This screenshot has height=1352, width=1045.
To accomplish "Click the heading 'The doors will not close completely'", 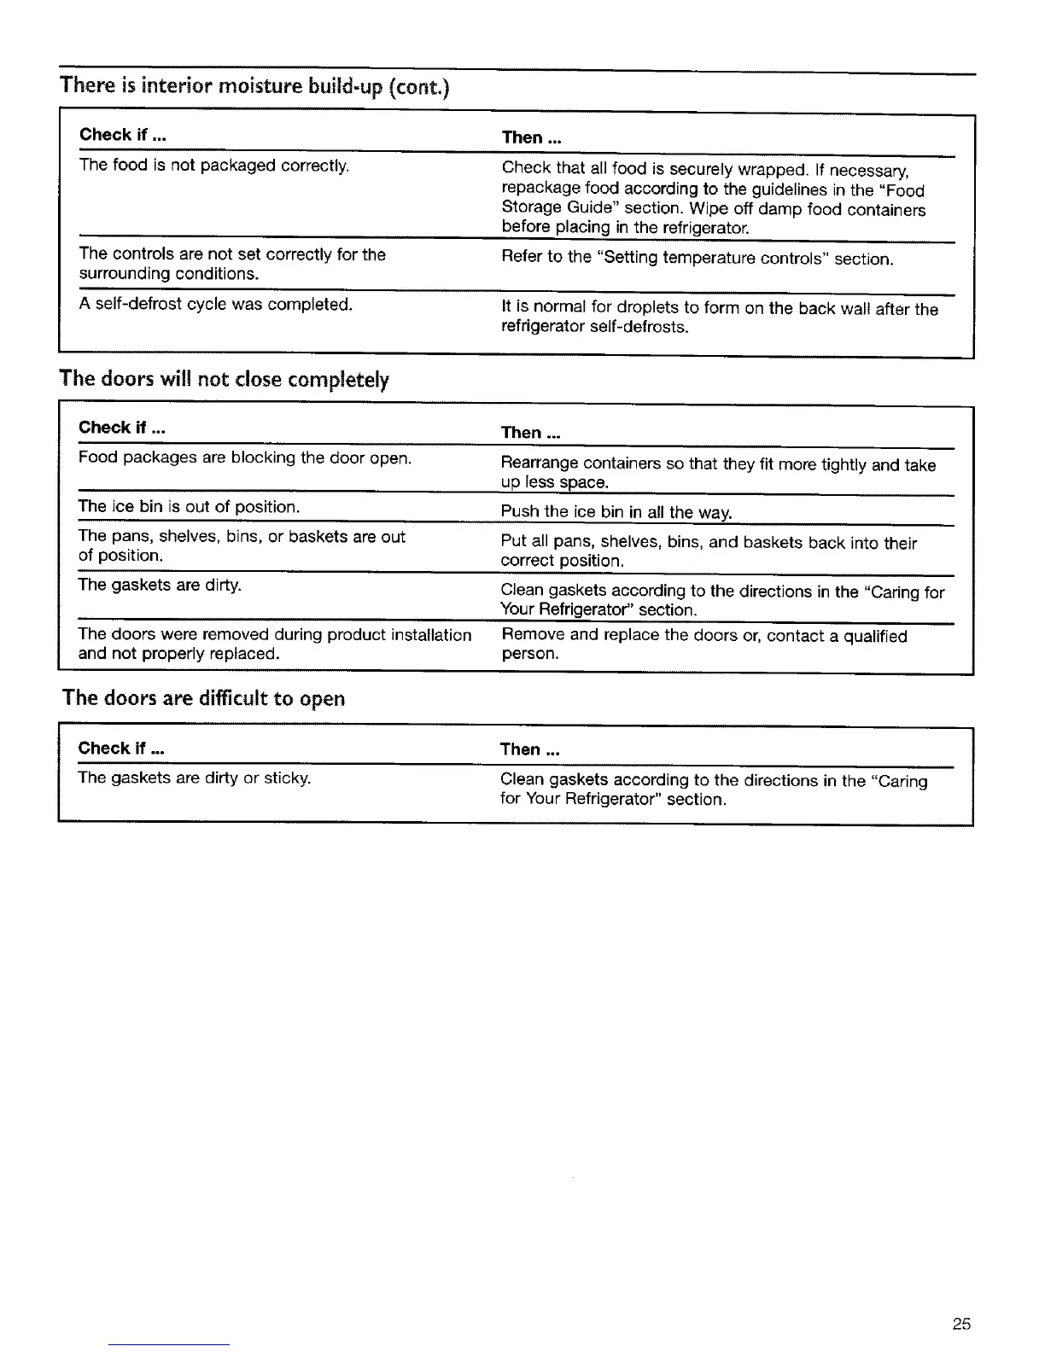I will [224, 379].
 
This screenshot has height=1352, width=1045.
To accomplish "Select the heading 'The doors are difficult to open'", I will [204, 698].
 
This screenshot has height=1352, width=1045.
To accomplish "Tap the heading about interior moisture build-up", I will [254, 86].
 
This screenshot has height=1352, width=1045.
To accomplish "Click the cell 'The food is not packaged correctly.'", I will [214, 165].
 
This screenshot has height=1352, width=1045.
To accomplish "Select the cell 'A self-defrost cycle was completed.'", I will [215, 304].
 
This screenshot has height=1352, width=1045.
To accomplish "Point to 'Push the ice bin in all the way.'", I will [616, 512].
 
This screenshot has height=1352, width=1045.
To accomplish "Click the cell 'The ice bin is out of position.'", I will [189, 507].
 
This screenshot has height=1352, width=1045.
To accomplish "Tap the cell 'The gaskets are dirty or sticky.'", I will [194, 778].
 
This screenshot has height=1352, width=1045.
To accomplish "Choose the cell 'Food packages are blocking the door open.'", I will [245, 458].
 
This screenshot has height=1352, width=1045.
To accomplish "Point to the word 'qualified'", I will [875, 636].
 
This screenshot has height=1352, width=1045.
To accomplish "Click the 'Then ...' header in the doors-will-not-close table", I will [530, 433].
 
